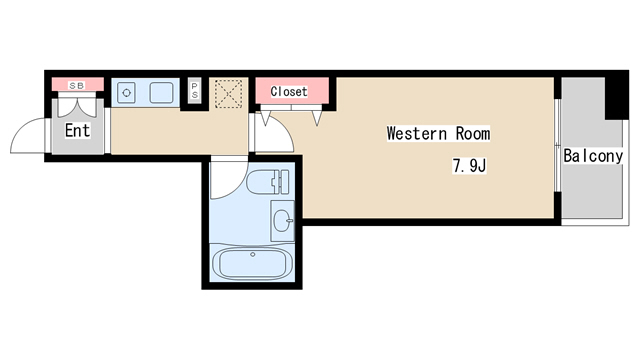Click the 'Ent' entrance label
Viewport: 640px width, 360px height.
[x=77, y=131]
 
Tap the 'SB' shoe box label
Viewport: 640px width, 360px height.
[x=77, y=86]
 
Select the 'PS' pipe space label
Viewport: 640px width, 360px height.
[x=195, y=91]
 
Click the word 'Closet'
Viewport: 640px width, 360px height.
[x=289, y=91]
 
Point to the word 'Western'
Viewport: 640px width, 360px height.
[x=417, y=133]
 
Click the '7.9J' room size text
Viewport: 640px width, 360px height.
[x=469, y=166]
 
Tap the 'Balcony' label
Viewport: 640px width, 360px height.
[x=593, y=156]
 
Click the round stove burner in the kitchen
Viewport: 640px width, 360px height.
[x=127, y=93]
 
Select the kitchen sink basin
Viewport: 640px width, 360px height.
[x=161, y=93]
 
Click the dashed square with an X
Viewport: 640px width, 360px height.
[x=229, y=94]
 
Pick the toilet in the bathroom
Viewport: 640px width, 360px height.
[x=268, y=182]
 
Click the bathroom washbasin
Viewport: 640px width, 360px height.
[x=282, y=221]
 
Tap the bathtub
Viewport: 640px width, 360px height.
[x=252, y=263]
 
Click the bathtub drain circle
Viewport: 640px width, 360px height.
[x=253, y=255]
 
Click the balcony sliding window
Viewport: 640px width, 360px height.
[x=557, y=145]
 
